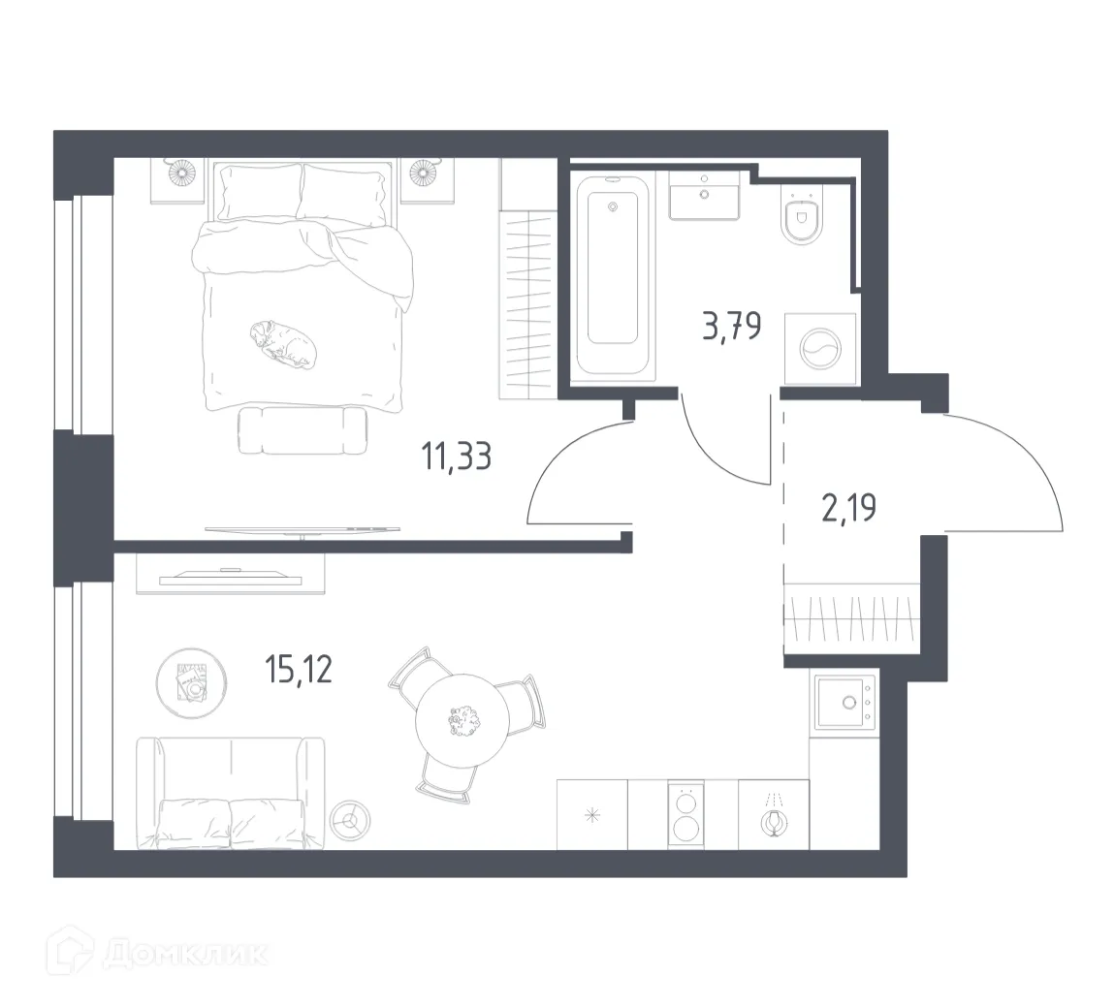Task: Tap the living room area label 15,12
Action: (x=299, y=668)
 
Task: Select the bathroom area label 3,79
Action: (x=731, y=325)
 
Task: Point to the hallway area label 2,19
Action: (x=849, y=506)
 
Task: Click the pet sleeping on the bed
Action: (x=282, y=344)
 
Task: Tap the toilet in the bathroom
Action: (x=801, y=220)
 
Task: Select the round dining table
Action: (x=463, y=721)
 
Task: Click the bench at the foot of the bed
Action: (x=302, y=430)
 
